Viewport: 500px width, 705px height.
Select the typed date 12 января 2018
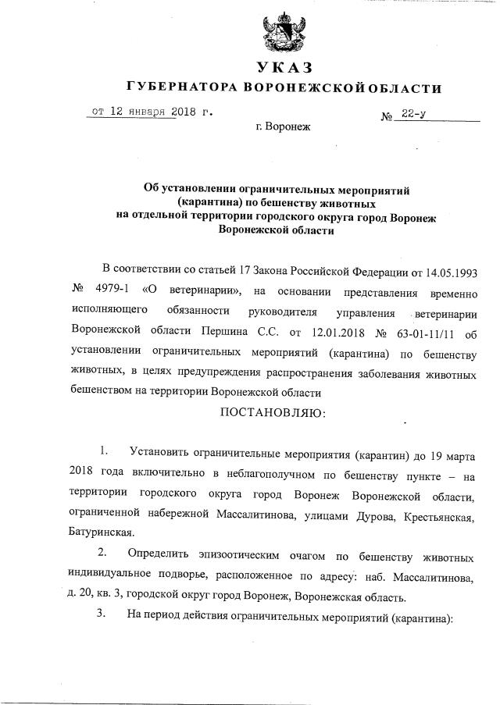point(141,111)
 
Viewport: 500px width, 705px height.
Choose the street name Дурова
point(360,512)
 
